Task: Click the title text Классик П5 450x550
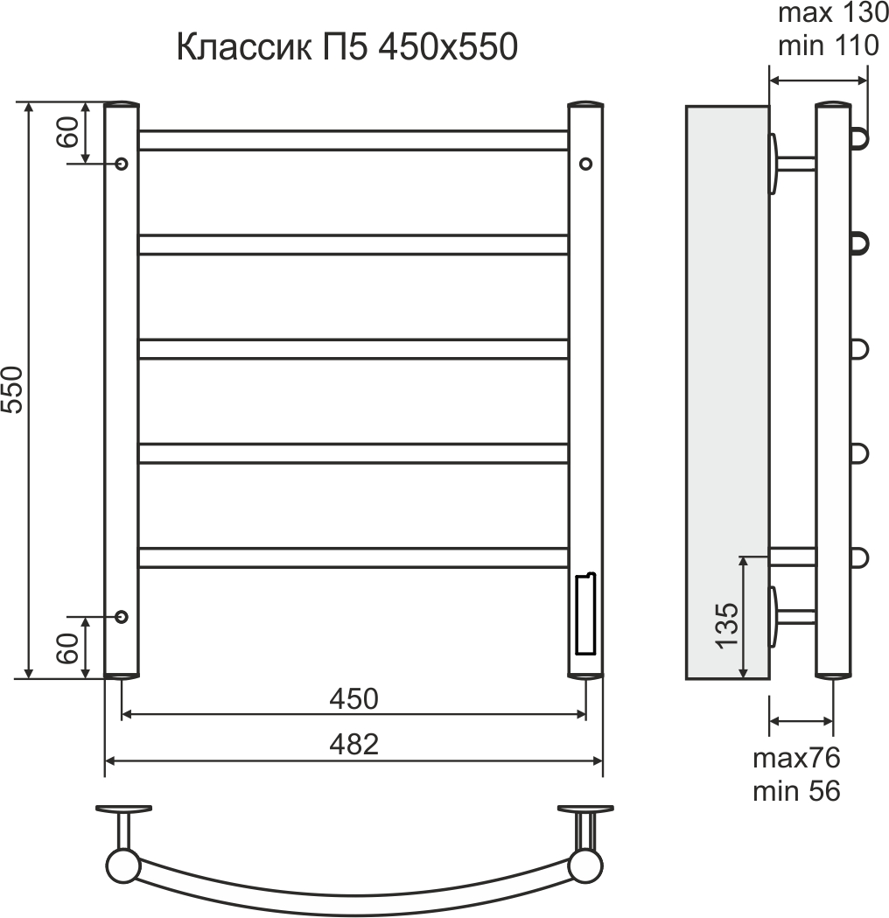click(x=347, y=48)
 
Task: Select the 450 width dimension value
click(x=353, y=698)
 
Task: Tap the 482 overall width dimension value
click(x=353, y=745)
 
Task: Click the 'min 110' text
click(x=828, y=46)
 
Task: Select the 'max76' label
click(x=796, y=758)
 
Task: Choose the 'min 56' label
click(x=796, y=791)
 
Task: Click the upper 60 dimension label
click(x=71, y=132)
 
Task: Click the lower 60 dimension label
click(x=71, y=648)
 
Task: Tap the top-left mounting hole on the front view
click(x=122, y=164)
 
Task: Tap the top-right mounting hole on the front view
click(x=585, y=164)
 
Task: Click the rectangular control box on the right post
click(x=584, y=614)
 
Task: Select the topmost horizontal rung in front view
click(x=353, y=140)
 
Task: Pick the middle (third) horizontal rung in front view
click(x=353, y=348)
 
